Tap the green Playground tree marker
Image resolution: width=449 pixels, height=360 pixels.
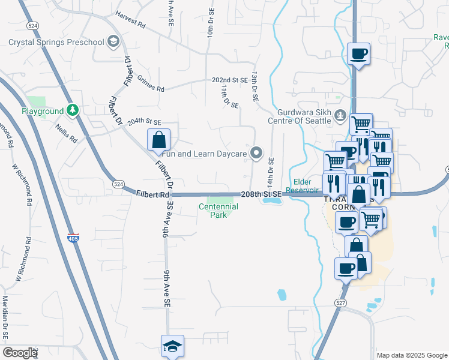[73, 110]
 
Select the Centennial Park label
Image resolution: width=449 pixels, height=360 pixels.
[218, 211]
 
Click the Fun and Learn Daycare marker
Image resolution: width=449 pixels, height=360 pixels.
[257, 154]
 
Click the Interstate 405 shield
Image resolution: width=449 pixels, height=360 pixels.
[73, 238]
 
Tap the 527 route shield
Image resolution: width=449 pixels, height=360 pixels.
[341, 304]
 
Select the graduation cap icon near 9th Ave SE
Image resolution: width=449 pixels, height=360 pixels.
[172, 346]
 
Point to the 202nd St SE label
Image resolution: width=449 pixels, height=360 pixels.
[229, 80]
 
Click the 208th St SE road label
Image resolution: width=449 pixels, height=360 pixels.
[261, 195]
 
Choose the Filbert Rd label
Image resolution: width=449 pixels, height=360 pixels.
[153, 195]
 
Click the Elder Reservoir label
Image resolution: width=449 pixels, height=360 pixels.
[309, 186]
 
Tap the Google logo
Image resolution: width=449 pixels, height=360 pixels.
[20, 353]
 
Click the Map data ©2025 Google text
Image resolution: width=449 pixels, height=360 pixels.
[411, 355]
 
